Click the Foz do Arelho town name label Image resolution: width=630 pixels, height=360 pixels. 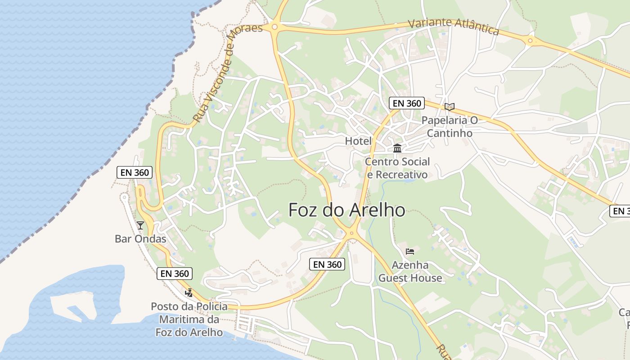coord(346,210)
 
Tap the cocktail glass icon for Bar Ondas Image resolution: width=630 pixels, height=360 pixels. coord(140,225)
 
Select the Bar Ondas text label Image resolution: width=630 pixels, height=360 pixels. coord(140,239)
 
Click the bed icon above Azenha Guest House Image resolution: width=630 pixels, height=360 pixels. coord(409,251)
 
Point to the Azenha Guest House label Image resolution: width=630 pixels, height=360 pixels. coord(410,271)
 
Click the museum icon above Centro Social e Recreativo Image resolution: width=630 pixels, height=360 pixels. coord(397,148)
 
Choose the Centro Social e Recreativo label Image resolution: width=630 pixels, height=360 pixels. coord(397,168)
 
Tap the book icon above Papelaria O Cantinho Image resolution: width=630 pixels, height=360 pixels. coord(449,107)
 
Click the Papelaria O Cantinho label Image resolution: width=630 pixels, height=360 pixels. coord(449,127)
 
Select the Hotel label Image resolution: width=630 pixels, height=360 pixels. coord(358,141)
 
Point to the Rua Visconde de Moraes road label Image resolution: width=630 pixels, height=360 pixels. coord(227,74)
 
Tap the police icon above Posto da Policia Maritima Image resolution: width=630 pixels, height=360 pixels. coord(189,293)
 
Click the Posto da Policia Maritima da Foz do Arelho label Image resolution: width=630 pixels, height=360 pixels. coord(189,319)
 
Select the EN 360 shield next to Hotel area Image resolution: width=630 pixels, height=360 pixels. coord(407,103)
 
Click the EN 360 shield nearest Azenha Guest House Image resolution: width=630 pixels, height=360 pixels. coord(328,264)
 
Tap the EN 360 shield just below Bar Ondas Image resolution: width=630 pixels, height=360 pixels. coord(175,273)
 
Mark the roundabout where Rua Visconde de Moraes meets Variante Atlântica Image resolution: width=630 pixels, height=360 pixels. coord(274,27)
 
